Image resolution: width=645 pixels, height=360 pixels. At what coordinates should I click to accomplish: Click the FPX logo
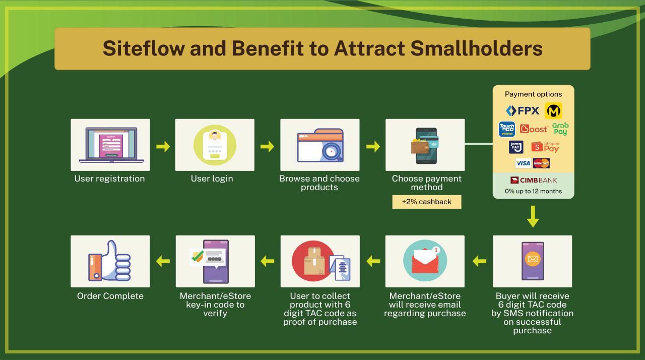(523, 110)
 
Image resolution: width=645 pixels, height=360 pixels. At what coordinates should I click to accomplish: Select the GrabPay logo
(560, 129)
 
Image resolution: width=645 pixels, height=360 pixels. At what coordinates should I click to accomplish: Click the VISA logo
(523, 163)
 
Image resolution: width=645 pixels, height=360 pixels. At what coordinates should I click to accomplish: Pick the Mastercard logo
(541, 163)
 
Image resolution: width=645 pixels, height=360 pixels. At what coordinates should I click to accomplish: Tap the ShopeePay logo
(545, 147)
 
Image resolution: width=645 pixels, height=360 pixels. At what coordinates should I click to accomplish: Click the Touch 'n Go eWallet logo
(507, 129)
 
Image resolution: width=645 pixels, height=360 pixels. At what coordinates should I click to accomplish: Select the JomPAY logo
(515, 147)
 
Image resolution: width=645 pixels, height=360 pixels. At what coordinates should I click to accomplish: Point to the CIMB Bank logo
(534, 181)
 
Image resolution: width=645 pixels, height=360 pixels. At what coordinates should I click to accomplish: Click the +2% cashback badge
(426, 202)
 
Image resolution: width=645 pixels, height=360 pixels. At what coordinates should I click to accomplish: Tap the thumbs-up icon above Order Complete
(109, 261)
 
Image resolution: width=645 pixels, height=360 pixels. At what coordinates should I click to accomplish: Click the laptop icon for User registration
(111, 145)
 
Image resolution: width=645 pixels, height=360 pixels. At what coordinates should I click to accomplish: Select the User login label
(212, 178)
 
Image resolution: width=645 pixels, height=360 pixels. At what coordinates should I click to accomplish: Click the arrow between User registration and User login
(163, 146)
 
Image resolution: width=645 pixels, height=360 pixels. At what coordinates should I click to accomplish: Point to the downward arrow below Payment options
(533, 217)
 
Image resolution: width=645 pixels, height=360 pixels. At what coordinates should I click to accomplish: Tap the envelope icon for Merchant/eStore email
(425, 261)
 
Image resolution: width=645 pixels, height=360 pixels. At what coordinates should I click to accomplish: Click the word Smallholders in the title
(477, 48)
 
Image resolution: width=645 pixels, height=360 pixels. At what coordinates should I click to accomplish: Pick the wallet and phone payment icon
(425, 146)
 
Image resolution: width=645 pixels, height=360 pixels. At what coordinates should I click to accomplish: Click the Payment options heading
(533, 94)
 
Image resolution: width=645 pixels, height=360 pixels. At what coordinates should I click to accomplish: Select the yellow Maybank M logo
(553, 110)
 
